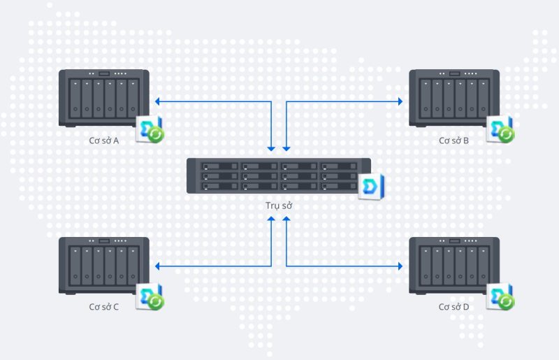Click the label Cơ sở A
pyautogui.click(x=105, y=141)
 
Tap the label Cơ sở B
pyautogui.click(x=453, y=141)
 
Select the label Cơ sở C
pyautogui.click(x=105, y=307)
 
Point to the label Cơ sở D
pyautogui.click(x=453, y=307)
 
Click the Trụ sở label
pyautogui.click(x=279, y=206)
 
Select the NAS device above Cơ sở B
pyautogui.click(x=454, y=98)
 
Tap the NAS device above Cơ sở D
pyautogui.click(x=454, y=265)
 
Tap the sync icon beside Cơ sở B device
pyautogui.click(x=500, y=130)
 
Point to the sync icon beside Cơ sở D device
pyautogui.click(x=500, y=296)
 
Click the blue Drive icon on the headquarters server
pyautogui.click(x=370, y=187)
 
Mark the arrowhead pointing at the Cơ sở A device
pyautogui.click(x=158, y=102)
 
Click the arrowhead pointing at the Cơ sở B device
pyautogui.click(x=400, y=102)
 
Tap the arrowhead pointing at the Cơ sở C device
pyautogui.click(x=158, y=266)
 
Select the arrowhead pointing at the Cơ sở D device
pyautogui.click(x=400, y=266)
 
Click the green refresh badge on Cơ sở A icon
pyautogui.click(x=157, y=135)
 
